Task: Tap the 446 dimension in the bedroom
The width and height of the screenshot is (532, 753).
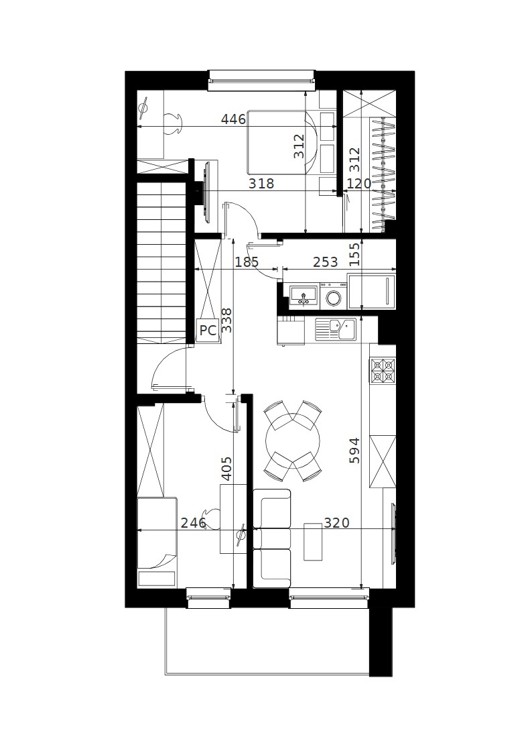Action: (x=233, y=119)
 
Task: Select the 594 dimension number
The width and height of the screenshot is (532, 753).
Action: (x=354, y=450)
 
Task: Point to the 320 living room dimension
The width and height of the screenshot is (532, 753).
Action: (x=336, y=522)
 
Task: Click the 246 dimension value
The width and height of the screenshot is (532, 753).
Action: (x=193, y=522)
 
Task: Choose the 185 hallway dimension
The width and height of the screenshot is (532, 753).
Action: (x=247, y=262)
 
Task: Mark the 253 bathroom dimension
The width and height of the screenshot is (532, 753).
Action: (x=326, y=262)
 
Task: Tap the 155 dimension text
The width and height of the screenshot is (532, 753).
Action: (x=354, y=255)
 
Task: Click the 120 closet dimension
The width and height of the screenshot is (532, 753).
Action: (x=359, y=184)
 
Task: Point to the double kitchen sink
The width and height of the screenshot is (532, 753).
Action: (x=336, y=330)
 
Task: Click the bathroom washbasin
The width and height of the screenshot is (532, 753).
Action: (x=303, y=294)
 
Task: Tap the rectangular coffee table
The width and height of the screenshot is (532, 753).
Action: (x=314, y=541)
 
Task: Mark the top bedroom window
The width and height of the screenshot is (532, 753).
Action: (x=262, y=80)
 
